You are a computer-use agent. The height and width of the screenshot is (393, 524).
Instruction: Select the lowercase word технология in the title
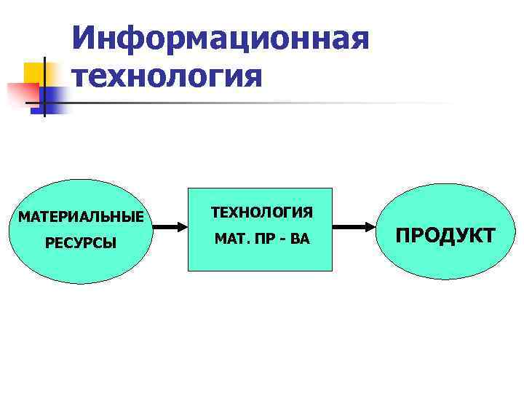click(x=167, y=75)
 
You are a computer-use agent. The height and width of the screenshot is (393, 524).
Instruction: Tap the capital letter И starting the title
click(x=86, y=38)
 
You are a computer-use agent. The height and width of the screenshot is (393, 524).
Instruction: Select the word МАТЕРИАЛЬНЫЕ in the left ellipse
click(x=81, y=216)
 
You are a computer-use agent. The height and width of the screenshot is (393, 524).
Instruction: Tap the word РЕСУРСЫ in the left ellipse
click(x=81, y=242)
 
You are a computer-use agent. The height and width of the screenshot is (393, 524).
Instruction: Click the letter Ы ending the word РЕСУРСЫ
click(x=110, y=242)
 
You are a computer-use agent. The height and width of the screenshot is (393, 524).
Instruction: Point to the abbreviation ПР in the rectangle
click(x=261, y=239)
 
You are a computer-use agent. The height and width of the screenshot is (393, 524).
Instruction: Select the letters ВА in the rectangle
click(x=299, y=239)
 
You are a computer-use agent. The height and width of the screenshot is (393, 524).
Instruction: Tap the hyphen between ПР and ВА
click(x=280, y=239)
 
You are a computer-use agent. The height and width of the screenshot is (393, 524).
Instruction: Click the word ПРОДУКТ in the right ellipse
click(x=445, y=235)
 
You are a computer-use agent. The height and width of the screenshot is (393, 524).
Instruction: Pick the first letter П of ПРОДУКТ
click(x=402, y=235)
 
